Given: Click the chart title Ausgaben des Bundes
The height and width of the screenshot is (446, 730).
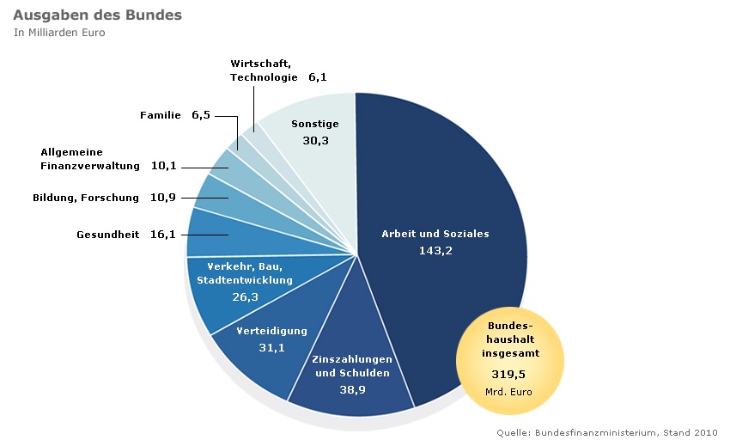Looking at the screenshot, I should click(96, 15).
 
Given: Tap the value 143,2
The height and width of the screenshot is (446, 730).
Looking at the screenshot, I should click(435, 251).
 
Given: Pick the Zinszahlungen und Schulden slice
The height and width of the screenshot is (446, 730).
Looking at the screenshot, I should click(353, 378).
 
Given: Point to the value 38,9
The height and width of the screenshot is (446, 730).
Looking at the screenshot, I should click(353, 388).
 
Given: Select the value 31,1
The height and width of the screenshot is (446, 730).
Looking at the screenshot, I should click(271, 347).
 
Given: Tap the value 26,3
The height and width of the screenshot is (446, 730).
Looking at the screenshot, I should click(245, 296).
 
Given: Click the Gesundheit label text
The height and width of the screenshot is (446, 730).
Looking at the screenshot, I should click(108, 235).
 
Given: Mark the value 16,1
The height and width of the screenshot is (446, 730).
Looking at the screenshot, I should click(162, 235).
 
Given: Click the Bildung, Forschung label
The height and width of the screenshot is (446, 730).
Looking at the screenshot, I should click(86, 198).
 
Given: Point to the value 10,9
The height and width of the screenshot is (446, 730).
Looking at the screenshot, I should click(162, 198).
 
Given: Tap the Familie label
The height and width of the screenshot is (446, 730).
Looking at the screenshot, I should click(161, 114).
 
